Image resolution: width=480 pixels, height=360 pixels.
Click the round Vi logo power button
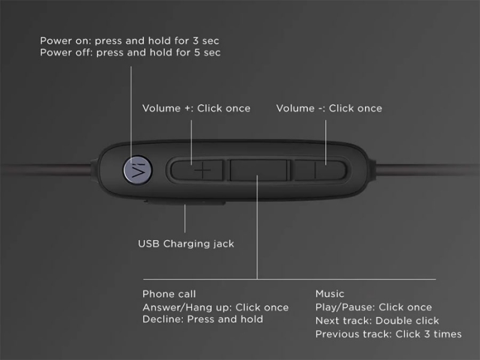(138, 170)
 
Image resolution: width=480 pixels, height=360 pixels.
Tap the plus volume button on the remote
(197, 170)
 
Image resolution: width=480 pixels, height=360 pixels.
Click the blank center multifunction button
(259, 170)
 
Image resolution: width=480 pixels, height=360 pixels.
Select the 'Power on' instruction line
(130, 41)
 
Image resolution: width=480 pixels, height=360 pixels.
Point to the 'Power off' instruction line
(130, 53)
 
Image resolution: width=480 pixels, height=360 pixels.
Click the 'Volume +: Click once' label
(196, 109)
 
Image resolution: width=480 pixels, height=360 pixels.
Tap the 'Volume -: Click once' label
(329, 109)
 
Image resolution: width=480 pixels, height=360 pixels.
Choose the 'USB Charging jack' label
(186, 244)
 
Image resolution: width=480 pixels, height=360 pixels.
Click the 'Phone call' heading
(169, 294)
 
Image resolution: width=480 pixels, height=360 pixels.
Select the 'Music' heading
(329, 294)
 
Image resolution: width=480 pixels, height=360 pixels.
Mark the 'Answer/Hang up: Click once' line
(215, 307)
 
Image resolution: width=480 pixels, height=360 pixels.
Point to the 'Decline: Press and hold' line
(203, 319)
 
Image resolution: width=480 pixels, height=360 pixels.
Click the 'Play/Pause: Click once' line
(373, 307)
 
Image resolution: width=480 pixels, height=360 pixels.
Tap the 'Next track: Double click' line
(377, 320)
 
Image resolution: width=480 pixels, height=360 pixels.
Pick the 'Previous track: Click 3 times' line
(388, 334)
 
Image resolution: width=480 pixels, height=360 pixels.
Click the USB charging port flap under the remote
(185, 202)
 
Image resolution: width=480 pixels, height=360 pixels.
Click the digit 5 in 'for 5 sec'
(197, 53)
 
